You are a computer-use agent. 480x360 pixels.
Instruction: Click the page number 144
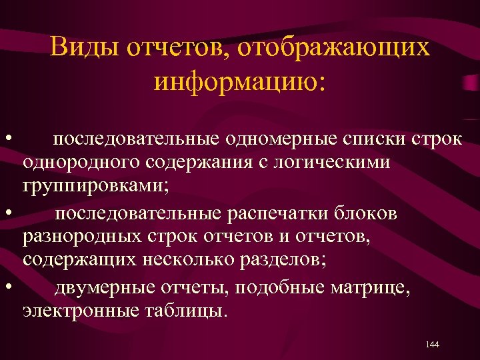coord(431,344)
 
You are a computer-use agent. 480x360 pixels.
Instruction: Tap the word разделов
coord(288,259)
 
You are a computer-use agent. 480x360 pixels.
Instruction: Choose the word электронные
coord(77,310)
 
